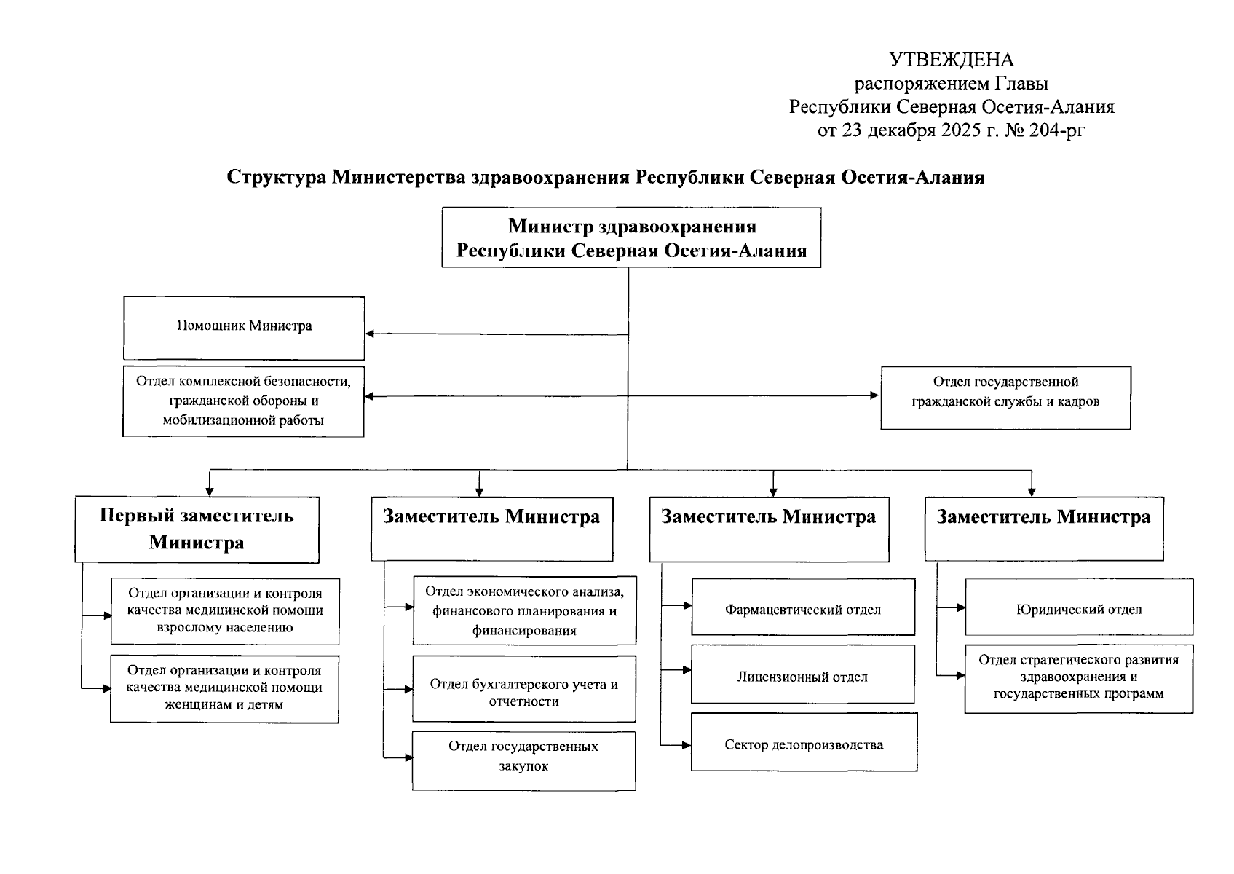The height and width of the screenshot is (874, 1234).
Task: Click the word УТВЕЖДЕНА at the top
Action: point(952,60)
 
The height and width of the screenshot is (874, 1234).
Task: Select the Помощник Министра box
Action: point(244,327)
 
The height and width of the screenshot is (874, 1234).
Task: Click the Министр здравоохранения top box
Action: point(631,237)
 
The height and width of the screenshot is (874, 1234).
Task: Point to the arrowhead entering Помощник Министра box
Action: point(370,334)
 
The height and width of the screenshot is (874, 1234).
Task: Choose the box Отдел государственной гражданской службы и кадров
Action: point(1005,398)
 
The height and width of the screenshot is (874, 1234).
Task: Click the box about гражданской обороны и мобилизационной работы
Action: point(243,401)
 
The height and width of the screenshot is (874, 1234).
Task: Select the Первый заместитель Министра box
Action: point(197,529)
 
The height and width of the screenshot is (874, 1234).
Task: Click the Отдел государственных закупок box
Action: point(523,760)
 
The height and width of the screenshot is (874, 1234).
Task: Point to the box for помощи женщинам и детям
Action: point(224,688)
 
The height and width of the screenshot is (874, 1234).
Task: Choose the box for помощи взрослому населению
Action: point(224,611)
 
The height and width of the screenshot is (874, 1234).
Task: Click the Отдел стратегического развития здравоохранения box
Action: point(1078,678)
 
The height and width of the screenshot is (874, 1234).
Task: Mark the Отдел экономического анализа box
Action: point(524,610)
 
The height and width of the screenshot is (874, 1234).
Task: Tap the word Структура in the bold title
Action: point(277,178)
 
